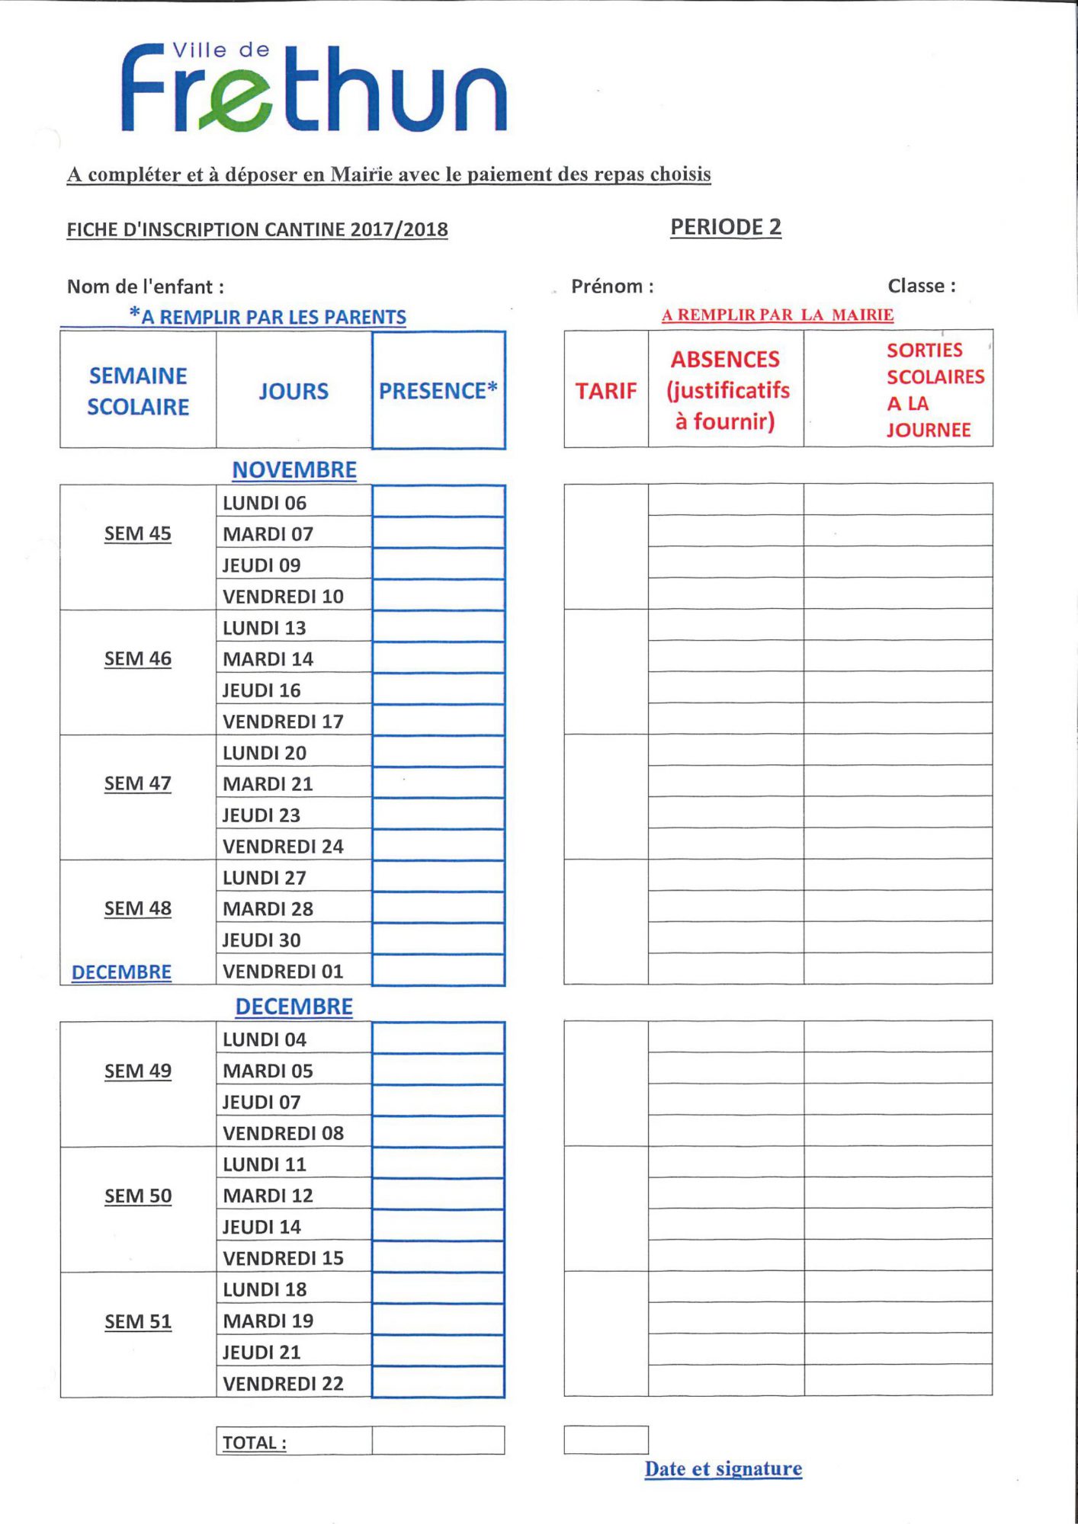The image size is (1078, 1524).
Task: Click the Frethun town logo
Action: point(313,88)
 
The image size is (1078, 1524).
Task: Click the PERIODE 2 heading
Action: point(726,227)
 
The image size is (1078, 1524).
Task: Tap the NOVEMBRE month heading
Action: point(294,470)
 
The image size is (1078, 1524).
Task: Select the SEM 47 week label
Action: point(138,783)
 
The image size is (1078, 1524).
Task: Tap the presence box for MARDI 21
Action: point(438,783)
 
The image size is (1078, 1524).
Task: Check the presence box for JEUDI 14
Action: point(438,1226)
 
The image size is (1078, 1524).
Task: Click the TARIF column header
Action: point(606,391)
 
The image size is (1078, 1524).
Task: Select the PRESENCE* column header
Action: point(438,391)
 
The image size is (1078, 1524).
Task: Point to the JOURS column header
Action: point(294,392)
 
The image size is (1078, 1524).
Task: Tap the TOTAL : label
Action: point(255,1442)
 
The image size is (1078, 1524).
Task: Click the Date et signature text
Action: point(723,1469)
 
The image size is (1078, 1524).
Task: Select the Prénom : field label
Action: point(612,287)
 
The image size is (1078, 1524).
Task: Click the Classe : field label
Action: point(922,287)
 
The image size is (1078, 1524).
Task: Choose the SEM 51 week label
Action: point(138,1321)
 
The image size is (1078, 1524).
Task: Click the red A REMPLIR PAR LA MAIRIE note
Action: point(778,315)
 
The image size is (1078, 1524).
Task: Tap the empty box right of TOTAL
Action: point(438,1441)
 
